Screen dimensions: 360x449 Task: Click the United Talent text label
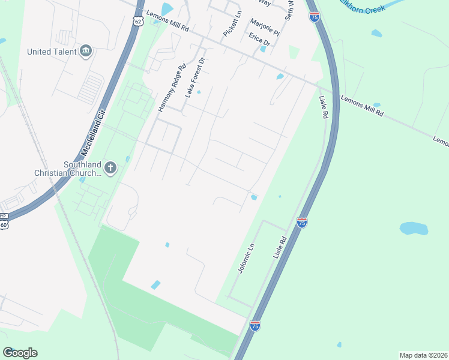pos(52,52)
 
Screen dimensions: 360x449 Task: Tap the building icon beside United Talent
pos(86,51)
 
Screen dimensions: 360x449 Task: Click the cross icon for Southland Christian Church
pos(110,168)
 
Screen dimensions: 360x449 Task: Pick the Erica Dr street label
pos(259,40)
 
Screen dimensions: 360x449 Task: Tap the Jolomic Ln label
pos(247,257)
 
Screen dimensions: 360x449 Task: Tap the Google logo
pos(20,353)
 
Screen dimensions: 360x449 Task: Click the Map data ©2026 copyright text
pos(424,355)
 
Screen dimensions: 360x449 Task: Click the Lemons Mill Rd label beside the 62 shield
pos(168,28)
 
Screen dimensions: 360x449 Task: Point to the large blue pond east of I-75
pos(414,228)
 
